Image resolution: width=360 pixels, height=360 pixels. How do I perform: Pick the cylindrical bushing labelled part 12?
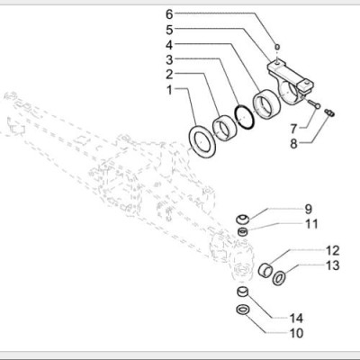(x=266, y=268)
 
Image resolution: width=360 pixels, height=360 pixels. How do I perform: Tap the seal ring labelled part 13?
(x=280, y=277)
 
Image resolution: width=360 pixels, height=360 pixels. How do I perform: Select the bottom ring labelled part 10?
(x=241, y=310)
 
